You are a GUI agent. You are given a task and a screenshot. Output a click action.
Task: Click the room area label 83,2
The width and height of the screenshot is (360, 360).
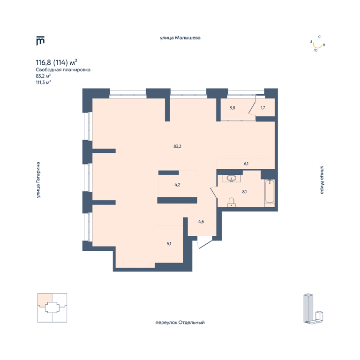coord(177,146)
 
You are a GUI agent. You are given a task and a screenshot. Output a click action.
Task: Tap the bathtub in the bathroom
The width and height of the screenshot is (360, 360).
coord(270,191)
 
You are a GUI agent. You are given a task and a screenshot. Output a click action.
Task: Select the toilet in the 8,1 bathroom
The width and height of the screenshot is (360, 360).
coord(232,202)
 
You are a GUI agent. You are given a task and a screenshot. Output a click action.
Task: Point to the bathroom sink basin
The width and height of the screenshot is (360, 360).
coord(231,178)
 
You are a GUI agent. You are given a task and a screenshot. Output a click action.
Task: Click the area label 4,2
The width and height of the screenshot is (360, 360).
coord(177,185)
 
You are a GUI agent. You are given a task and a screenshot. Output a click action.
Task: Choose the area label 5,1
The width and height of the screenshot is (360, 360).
coord(169,244)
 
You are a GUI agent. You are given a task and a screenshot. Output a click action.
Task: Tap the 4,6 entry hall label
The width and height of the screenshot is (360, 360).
coord(201,222)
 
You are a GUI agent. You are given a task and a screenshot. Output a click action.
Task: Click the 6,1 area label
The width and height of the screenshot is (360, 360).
coord(246,164)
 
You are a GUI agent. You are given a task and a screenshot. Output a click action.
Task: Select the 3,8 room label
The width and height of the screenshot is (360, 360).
coord(232,108)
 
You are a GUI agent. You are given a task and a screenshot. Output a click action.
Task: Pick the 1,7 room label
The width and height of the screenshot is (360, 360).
coord(263,108)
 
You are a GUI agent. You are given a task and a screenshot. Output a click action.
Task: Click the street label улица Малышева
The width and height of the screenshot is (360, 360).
coord(180,38)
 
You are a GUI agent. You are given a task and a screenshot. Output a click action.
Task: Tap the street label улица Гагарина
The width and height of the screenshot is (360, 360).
coord(38,180)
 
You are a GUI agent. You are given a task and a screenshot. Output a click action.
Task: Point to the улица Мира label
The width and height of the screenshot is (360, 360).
coord(322,180)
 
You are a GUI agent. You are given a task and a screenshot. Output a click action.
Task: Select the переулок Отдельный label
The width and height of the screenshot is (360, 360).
coord(180,322)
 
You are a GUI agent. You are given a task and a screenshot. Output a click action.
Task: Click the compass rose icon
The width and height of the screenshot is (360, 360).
coord(317,44)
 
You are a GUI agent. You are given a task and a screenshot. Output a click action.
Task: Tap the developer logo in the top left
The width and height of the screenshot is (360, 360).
coord(40,41)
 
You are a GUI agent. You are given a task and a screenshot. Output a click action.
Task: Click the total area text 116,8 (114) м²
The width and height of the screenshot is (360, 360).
coord(56,62)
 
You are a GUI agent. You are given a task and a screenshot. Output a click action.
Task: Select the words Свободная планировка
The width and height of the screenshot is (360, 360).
coord(63,70)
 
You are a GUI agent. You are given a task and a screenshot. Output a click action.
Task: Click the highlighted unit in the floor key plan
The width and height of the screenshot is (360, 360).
coord(45,300)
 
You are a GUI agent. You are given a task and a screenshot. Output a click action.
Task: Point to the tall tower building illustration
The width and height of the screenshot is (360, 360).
coord(308,307)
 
